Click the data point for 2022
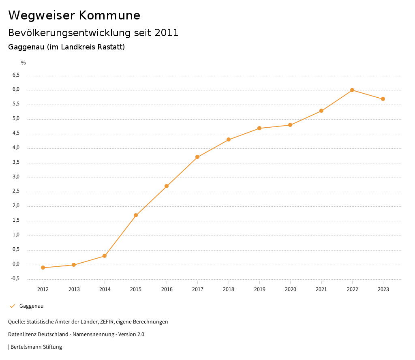[x=352, y=90]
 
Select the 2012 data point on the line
[x=43, y=268]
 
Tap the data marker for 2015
[x=136, y=215]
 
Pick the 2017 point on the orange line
[x=197, y=157]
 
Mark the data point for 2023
[x=383, y=99]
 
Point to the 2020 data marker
[x=290, y=125]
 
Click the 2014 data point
[x=105, y=256]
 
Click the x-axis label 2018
[x=229, y=289]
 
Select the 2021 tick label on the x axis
[x=321, y=289]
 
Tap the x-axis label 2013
[x=74, y=289]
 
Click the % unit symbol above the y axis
[x=24, y=63]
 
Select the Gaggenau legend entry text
[x=31, y=306]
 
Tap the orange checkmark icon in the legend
[x=12, y=306]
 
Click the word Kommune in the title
[x=109, y=15]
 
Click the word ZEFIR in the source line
[x=106, y=322]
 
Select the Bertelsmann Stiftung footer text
[x=36, y=347]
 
